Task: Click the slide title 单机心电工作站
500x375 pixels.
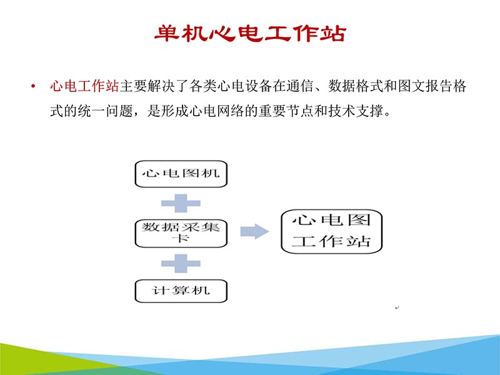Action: (250, 32)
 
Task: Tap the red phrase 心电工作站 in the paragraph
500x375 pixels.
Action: (84, 86)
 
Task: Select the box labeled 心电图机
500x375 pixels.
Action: (181, 173)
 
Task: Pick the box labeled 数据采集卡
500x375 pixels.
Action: (181, 232)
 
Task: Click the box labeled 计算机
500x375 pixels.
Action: (181, 291)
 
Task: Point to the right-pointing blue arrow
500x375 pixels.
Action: (255, 231)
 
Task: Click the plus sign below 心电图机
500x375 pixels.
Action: (181, 202)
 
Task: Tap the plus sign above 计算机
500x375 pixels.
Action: (181, 262)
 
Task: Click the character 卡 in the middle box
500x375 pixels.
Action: (181, 238)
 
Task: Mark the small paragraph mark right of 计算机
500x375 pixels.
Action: (397, 307)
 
